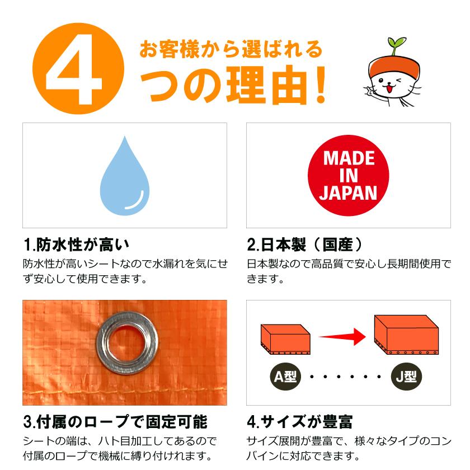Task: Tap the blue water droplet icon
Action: point(124,176)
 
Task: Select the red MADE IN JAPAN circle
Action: point(348,175)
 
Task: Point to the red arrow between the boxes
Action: point(341,337)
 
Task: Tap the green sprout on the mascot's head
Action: point(397,44)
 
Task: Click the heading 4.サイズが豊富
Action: point(299,421)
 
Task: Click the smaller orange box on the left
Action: point(285,339)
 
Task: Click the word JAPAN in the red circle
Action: point(348,193)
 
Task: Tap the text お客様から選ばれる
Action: point(231,49)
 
